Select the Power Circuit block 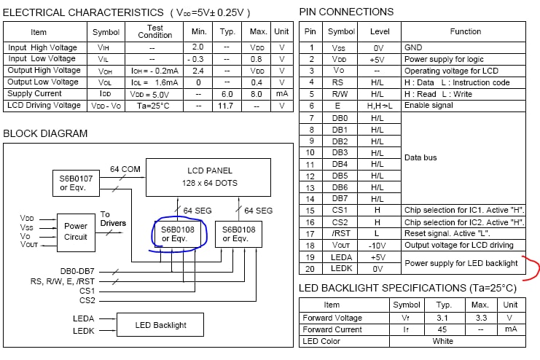(75, 231)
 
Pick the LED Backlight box (160, 324)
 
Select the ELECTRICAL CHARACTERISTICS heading (84, 12)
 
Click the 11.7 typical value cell (227, 106)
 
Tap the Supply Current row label (34, 94)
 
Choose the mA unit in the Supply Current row (280, 94)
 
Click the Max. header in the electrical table (258, 32)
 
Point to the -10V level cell (377, 245)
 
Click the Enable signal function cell (429, 106)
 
